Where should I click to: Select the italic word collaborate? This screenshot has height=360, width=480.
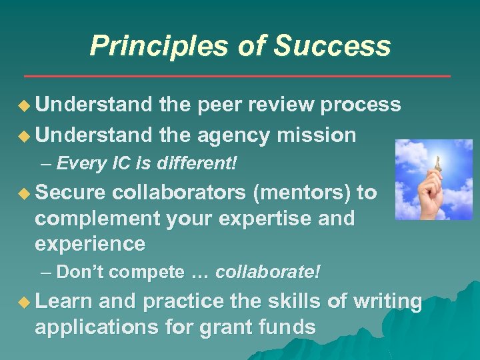tap(268, 272)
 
